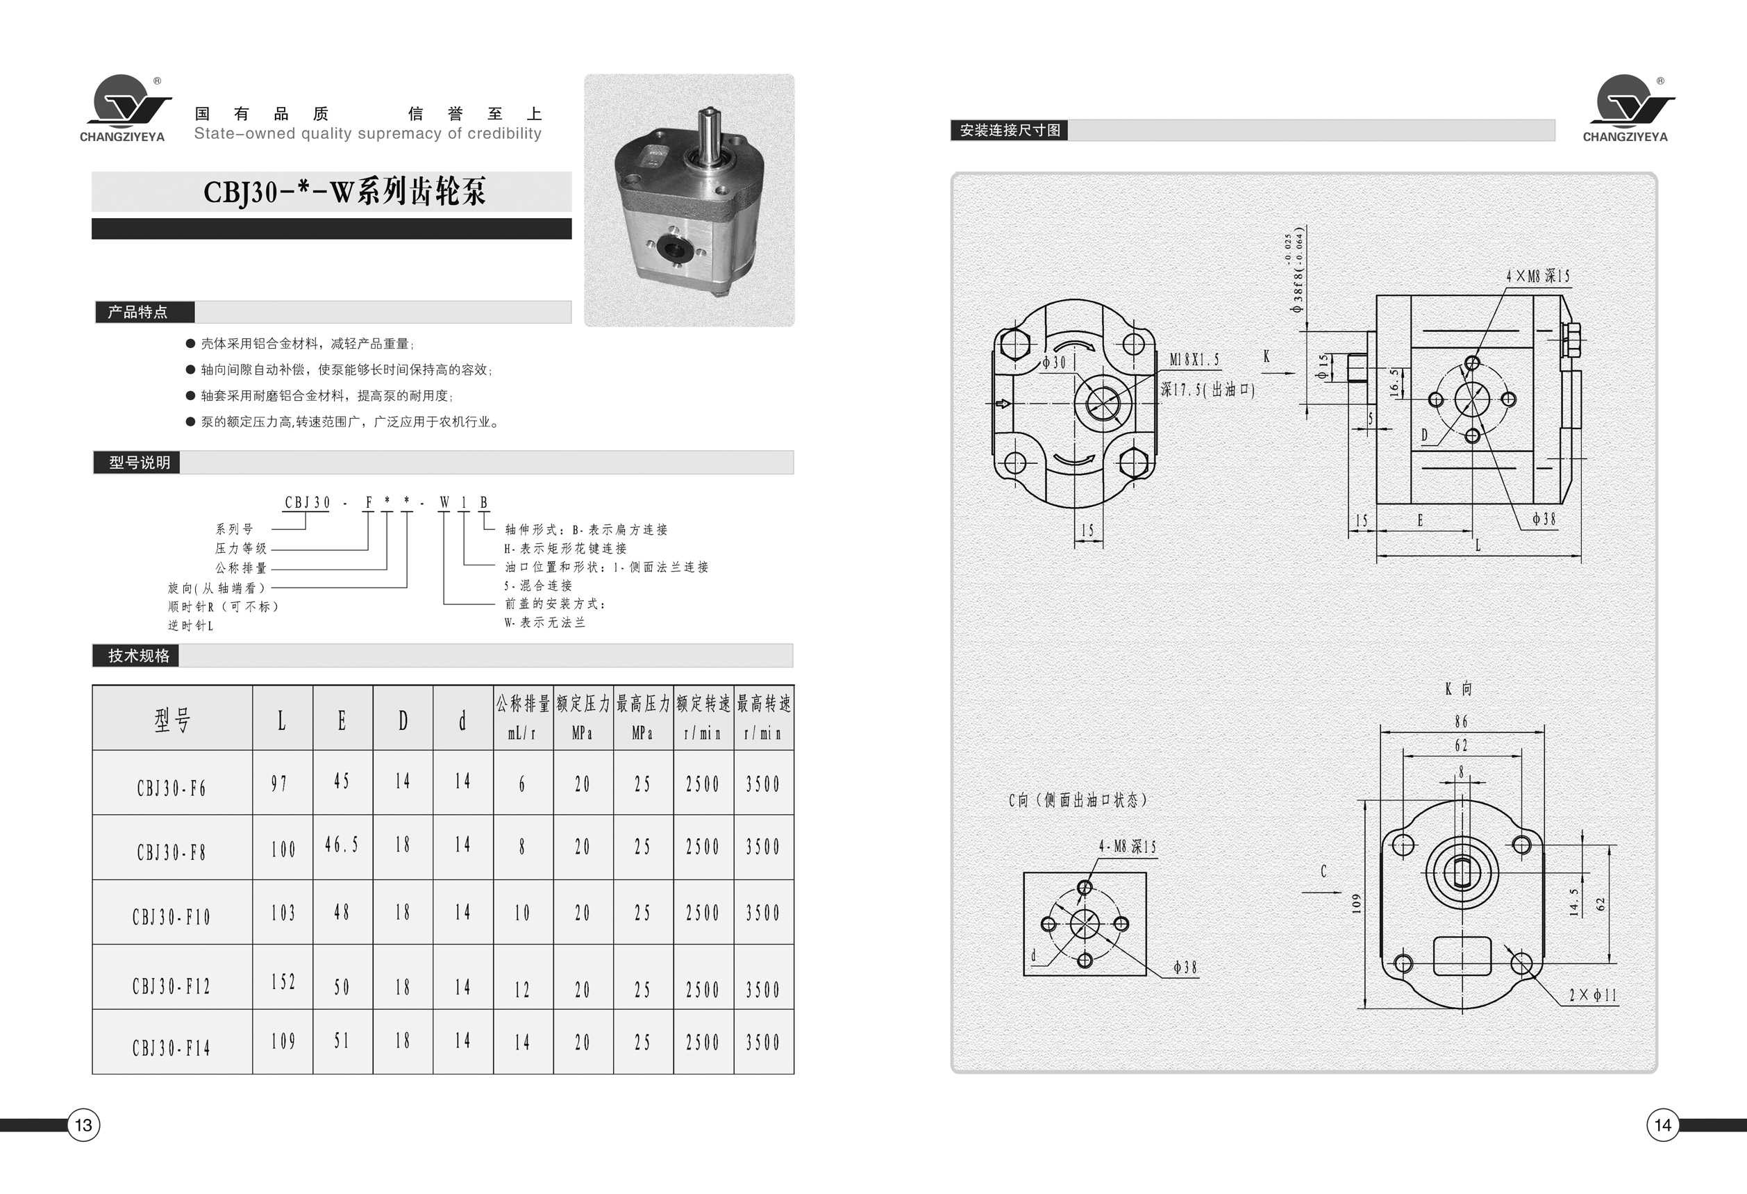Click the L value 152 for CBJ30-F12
coord(283,982)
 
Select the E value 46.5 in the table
coord(342,845)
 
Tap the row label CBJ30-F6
coord(172,788)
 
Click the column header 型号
coord(172,720)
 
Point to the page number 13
coord(83,1125)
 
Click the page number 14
coord(1662,1125)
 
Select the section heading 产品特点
coord(137,312)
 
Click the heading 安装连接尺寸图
coord(1010,130)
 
